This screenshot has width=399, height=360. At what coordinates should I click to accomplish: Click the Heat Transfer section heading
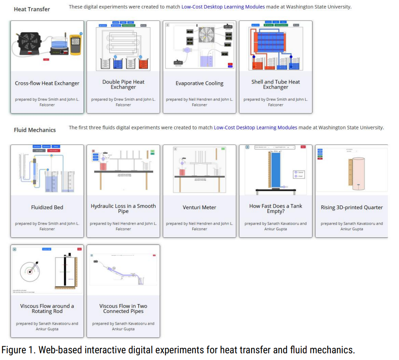click(32, 9)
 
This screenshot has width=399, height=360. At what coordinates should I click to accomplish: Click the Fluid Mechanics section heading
click(34, 130)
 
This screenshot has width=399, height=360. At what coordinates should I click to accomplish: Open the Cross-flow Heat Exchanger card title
click(47, 83)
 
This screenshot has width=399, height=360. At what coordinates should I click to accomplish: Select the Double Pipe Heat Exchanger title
click(123, 84)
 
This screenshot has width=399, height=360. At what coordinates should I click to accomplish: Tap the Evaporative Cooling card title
click(199, 83)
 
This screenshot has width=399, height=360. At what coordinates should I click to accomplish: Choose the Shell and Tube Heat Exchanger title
click(276, 84)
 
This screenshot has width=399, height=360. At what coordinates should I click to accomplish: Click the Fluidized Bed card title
click(47, 207)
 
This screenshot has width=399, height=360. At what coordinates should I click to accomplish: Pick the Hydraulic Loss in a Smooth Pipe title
click(123, 208)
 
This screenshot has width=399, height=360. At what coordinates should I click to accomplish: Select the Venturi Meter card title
click(199, 207)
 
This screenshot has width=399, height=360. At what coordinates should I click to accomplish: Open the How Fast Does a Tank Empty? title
click(276, 208)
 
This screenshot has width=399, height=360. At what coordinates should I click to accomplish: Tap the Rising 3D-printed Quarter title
click(352, 207)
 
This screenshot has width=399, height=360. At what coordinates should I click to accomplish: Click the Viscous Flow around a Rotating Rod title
click(47, 308)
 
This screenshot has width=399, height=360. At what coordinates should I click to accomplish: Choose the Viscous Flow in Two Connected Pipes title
click(123, 308)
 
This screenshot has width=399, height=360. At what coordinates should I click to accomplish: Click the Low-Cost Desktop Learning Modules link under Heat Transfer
click(223, 7)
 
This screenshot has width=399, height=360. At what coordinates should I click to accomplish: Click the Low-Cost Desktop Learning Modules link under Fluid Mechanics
click(255, 127)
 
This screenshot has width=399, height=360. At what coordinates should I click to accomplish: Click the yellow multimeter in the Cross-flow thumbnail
click(75, 45)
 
